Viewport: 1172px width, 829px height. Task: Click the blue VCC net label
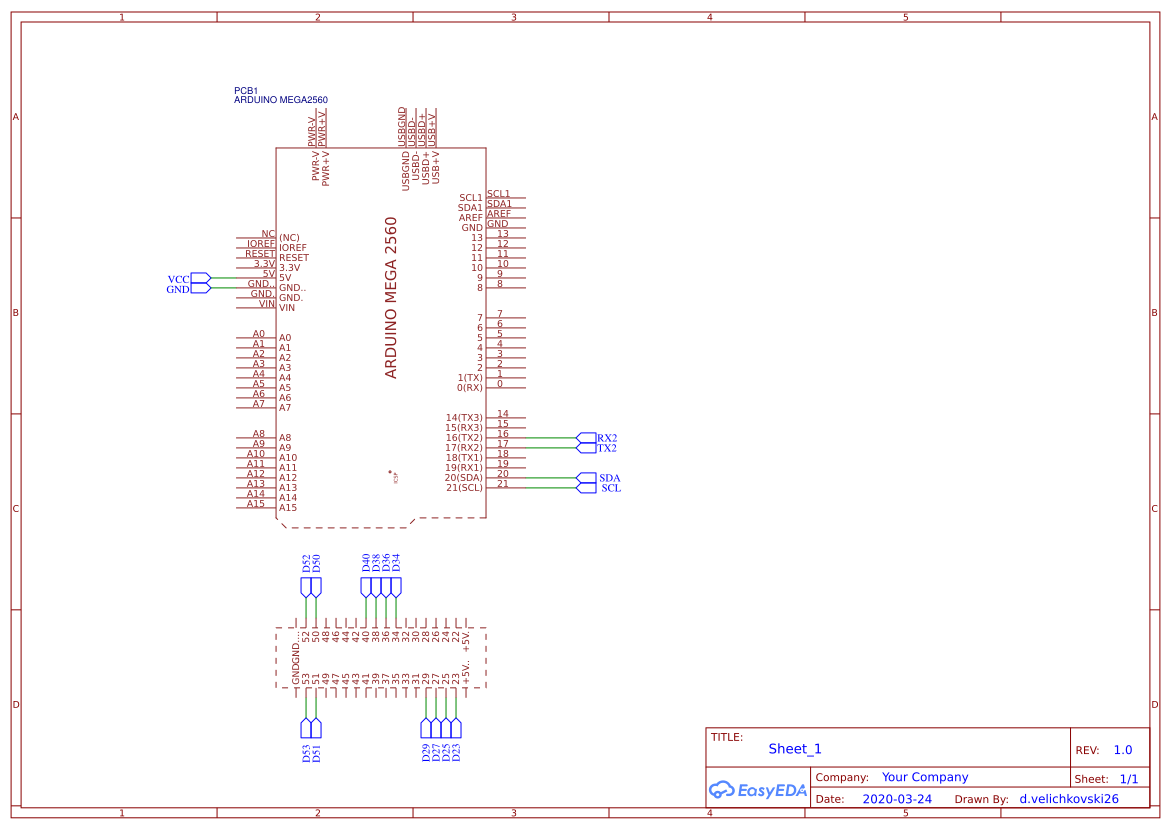[178, 279]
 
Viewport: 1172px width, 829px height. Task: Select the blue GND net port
[178, 289]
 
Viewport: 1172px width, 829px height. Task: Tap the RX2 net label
[607, 438]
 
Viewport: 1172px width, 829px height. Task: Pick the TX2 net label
[607, 448]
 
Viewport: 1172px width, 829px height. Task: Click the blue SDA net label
[610, 478]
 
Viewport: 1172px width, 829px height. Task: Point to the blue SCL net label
[611, 488]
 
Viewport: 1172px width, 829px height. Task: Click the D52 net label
[306, 562]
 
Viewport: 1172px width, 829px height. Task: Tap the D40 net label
[366, 562]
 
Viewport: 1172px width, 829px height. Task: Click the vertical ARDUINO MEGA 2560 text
[391, 297]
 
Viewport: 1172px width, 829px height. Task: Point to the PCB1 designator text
[246, 90]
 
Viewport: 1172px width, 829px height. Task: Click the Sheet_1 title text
[795, 749]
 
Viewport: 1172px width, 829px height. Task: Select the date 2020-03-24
[896, 799]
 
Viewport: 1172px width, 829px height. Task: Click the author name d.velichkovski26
[1068, 799]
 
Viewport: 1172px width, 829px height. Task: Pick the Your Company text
[924, 777]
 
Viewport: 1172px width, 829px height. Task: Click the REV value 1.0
[1122, 750]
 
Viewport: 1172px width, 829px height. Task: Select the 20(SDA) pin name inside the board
[463, 477]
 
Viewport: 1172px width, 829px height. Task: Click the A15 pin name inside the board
[288, 508]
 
